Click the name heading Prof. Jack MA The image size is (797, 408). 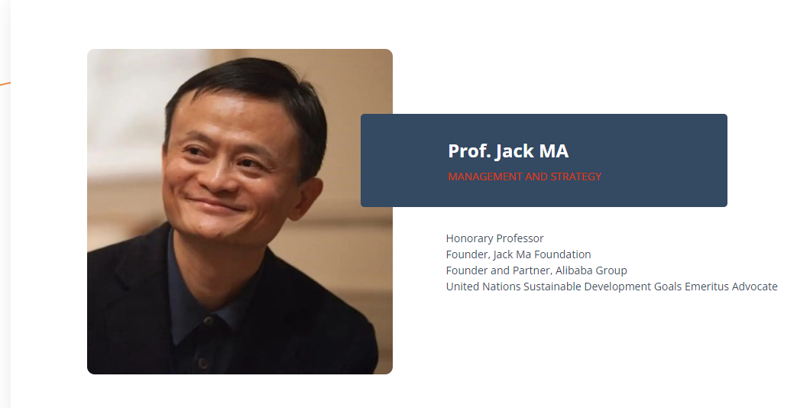click(x=508, y=151)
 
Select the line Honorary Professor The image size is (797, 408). click(x=494, y=238)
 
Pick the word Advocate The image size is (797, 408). click(x=754, y=287)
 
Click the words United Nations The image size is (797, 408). click(x=483, y=287)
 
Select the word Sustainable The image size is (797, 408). click(x=552, y=287)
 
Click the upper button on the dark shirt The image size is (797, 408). click(x=207, y=321)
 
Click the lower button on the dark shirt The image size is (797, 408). click(x=202, y=363)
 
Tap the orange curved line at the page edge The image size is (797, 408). click(x=5, y=83)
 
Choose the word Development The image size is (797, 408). click(x=617, y=287)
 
